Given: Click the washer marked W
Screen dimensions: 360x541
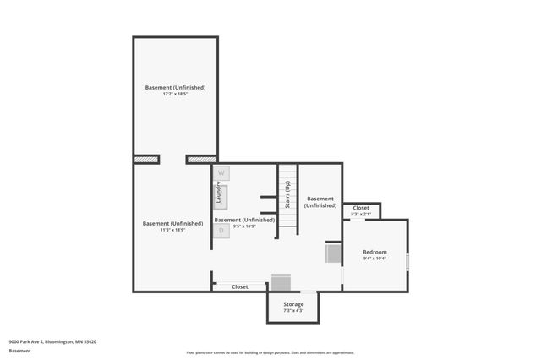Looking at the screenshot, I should (221, 172).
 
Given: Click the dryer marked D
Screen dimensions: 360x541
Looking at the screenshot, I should (221, 230).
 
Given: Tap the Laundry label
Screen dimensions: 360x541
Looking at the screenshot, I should (219, 197).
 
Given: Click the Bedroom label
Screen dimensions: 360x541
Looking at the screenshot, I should (374, 252).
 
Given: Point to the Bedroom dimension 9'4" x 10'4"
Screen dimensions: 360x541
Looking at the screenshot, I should (374, 259).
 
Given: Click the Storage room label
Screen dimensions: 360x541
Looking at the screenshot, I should (293, 304).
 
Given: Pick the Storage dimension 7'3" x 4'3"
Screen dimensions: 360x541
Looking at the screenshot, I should (293, 311).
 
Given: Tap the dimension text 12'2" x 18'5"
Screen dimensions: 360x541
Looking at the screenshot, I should (175, 94).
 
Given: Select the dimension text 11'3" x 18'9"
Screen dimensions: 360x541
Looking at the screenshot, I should (172, 230).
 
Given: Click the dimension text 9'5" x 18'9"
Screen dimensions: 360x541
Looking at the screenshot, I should (244, 226).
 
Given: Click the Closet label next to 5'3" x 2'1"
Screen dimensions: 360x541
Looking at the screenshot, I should (361, 208).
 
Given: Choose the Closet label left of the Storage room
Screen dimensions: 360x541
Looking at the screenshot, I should (240, 286).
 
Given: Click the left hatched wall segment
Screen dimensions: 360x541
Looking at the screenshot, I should (147, 158).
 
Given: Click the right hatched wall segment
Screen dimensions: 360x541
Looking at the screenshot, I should (201, 158).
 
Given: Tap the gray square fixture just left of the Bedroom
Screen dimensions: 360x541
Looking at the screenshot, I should (333, 253).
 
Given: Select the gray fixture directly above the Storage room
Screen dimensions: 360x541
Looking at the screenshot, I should (281, 282).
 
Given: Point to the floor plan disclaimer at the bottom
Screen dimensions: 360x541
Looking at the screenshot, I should (270, 352).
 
